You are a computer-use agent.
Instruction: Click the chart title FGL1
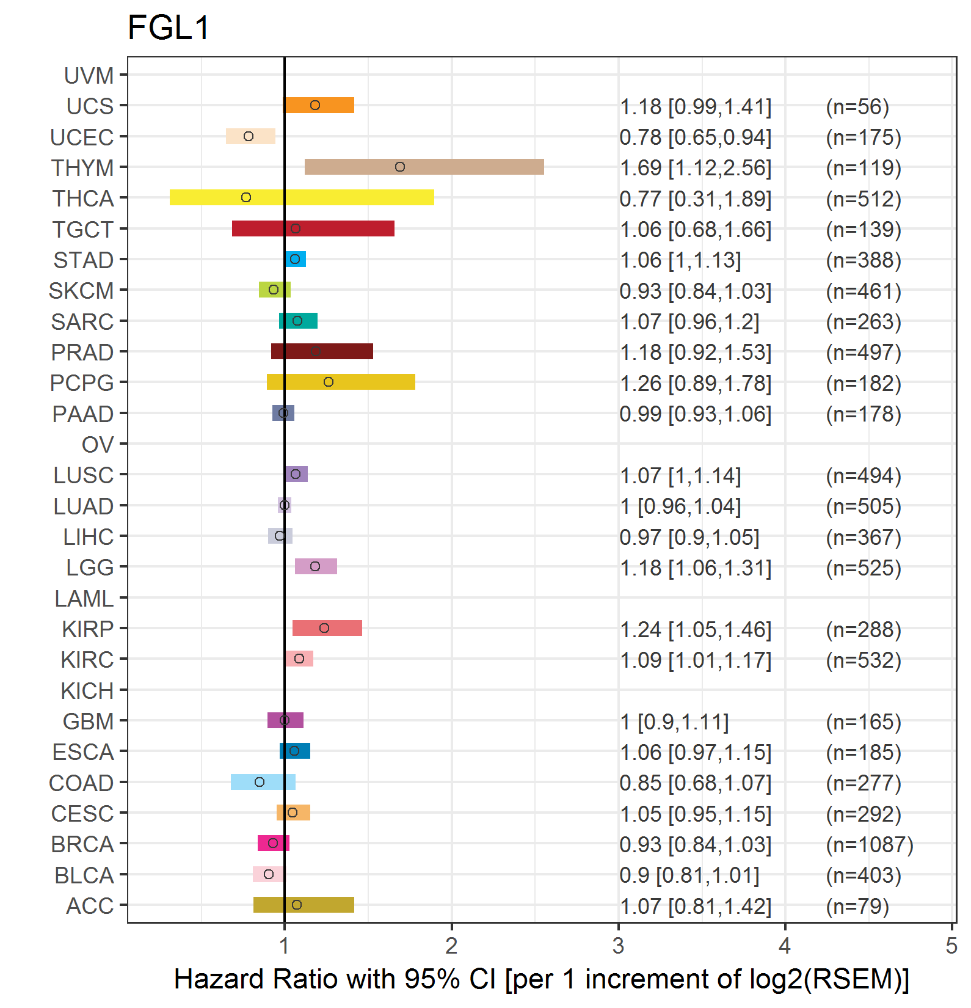[x=169, y=27]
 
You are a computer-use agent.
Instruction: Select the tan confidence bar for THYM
[x=424, y=167]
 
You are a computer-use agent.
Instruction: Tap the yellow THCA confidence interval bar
[x=302, y=197]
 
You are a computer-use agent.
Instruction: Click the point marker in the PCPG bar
[x=329, y=382]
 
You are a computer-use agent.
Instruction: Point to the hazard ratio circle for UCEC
[x=249, y=136]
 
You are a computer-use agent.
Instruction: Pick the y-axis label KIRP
[x=88, y=629]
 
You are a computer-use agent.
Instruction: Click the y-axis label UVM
[x=89, y=76]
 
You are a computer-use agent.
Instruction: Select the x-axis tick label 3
[x=618, y=946]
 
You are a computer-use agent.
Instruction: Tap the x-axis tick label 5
[x=951, y=946]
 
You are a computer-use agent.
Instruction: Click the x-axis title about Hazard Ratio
[x=542, y=979]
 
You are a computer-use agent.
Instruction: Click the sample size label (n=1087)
[x=870, y=844]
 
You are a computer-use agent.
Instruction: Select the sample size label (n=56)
[x=857, y=107]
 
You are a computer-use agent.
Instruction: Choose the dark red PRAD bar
[x=322, y=351]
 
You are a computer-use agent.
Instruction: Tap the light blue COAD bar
[x=263, y=782]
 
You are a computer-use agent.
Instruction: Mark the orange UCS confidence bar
[x=319, y=105]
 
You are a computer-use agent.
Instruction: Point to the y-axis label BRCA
[x=82, y=844]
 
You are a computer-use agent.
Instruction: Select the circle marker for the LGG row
[x=315, y=566]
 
